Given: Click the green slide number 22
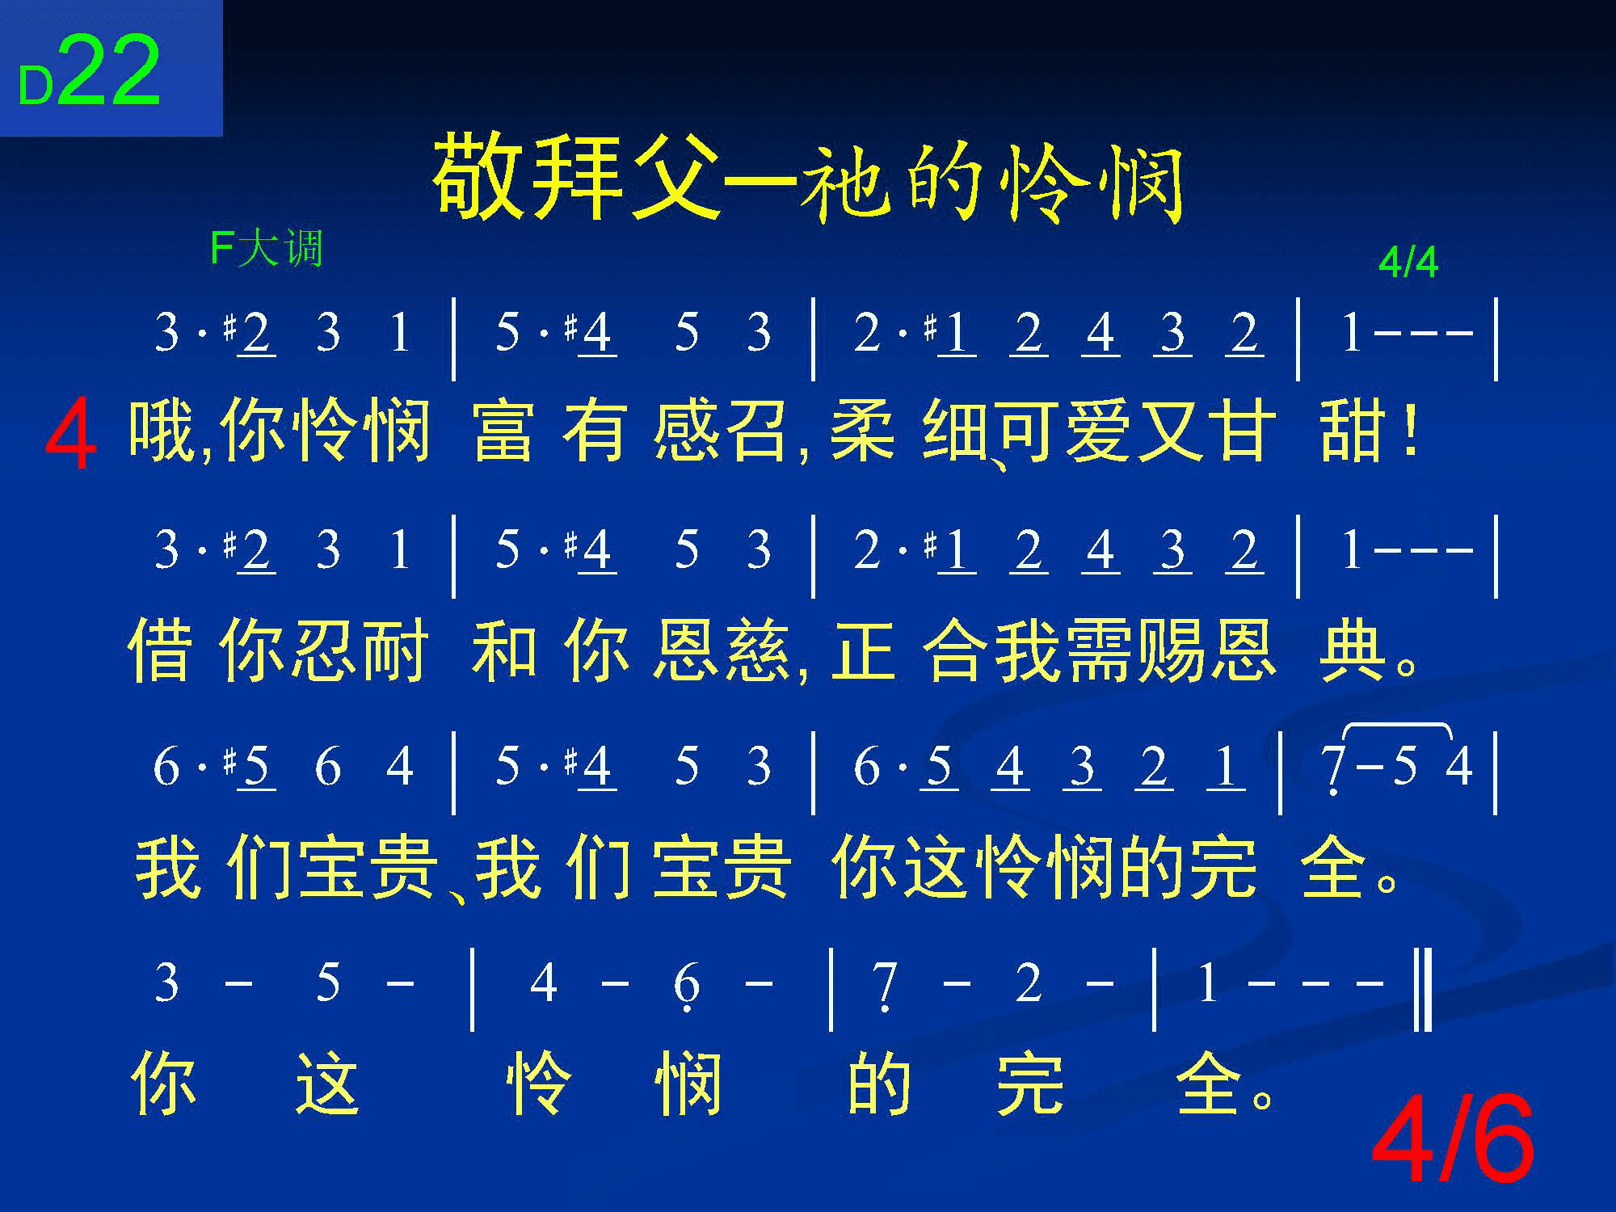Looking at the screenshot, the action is [x=109, y=71].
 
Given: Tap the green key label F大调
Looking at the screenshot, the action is [x=266, y=248].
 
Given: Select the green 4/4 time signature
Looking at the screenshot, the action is [x=1408, y=263].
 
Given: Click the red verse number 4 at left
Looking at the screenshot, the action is [x=70, y=439].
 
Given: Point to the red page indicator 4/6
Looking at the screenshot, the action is [x=1453, y=1140].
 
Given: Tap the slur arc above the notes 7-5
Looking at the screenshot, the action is [x=1397, y=725].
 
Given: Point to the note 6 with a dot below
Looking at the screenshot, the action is [x=686, y=986].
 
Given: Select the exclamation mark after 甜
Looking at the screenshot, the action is [x=1411, y=433].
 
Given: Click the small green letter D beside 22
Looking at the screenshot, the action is [x=36, y=86].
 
